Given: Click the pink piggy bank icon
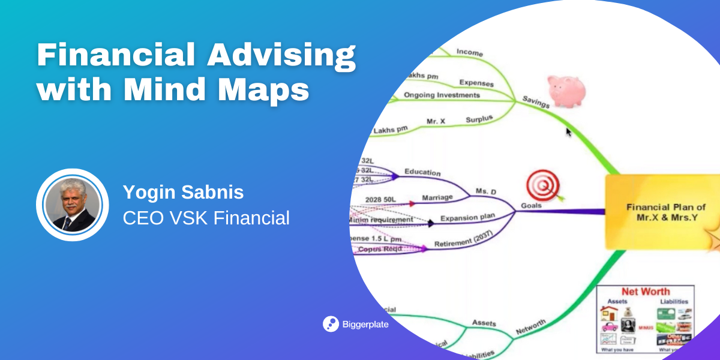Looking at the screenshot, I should (x=566, y=92).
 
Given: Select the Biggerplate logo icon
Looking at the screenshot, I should (x=331, y=323).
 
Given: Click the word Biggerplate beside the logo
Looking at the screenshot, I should (x=367, y=324).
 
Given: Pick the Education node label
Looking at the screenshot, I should (x=422, y=172).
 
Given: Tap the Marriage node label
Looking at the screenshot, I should (x=437, y=197).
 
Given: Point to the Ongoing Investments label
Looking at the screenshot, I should (x=442, y=95).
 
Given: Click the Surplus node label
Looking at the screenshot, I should (x=479, y=119).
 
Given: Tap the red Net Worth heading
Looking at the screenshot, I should (x=645, y=292).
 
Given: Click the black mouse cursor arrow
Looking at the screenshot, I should (x=569, y=131).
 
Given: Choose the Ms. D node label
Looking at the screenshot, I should (x=487, y=191).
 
